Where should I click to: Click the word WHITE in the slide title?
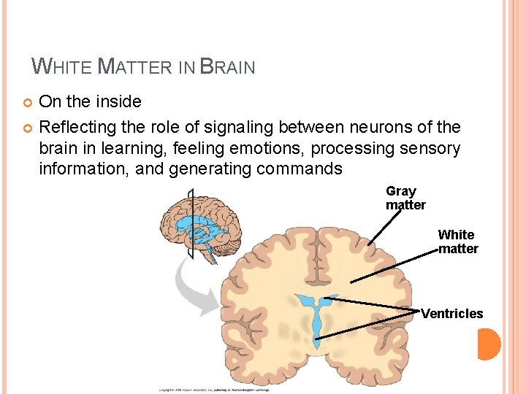point(62,67)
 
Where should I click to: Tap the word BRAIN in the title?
point(227,67)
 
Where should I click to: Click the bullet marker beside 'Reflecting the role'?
point(30,128)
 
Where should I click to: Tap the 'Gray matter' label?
point(405,198)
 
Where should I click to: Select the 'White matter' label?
point(457,242)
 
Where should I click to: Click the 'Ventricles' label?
point(451,314)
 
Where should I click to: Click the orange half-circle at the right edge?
point(489,344)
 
